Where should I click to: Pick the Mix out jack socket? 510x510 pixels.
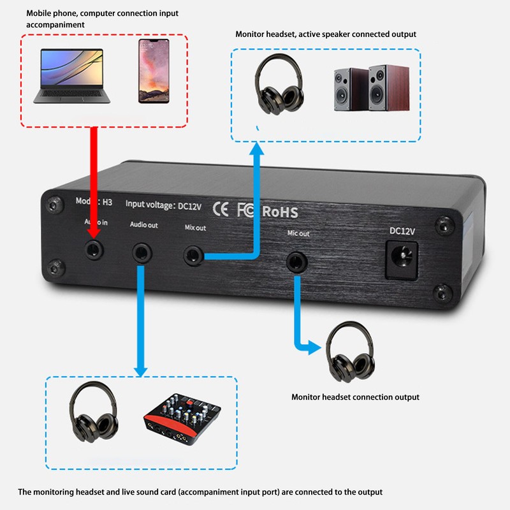[193, 256]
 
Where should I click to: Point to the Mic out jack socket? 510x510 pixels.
[295, 261]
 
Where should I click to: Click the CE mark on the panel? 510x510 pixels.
[221, 208]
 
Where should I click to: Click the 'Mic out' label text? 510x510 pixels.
[298, 234]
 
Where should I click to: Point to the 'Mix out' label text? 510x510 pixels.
[195, 228]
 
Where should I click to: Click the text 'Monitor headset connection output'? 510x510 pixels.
[355, 397]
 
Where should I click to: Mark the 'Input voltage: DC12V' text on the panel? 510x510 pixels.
[164, 205]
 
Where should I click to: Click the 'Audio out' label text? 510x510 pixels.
[143, 225]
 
